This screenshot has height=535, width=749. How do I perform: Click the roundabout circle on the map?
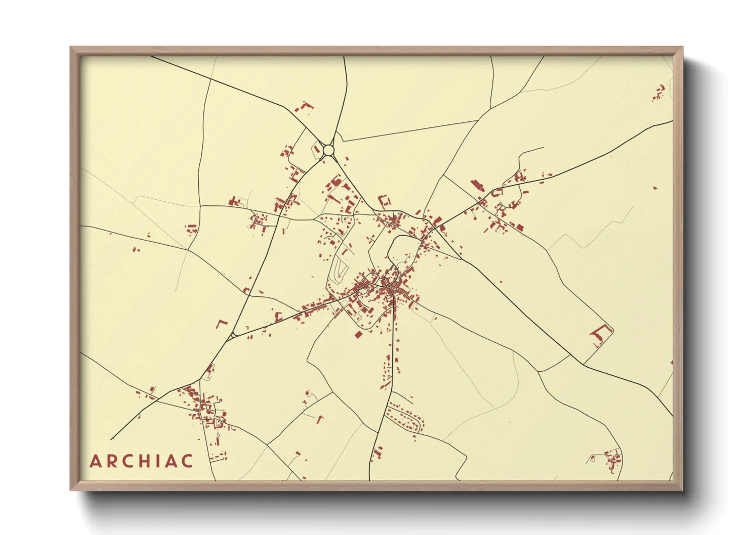[328, 150]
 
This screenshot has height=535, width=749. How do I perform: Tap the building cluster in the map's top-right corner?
[659, 94]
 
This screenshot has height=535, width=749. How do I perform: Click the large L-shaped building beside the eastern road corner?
[600, 335]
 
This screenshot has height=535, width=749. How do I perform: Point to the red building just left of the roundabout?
[317, 149]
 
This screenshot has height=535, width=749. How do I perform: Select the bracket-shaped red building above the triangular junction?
[221, 324]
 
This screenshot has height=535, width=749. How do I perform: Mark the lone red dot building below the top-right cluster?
[655, 188]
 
